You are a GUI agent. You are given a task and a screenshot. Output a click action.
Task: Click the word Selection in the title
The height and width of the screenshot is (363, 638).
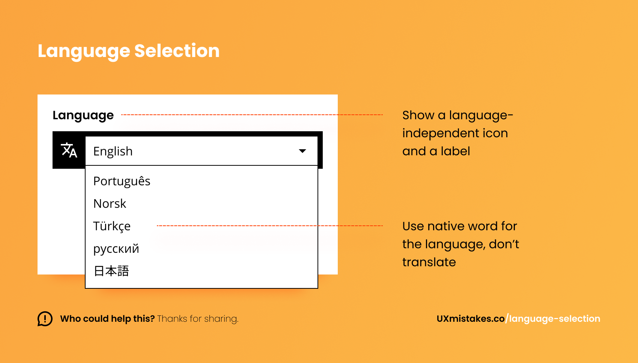(177, 51)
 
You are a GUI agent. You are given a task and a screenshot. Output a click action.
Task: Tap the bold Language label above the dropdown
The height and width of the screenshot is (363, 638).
(83, 115)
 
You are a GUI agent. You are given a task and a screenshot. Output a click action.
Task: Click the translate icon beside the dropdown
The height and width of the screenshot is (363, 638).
(69, 150)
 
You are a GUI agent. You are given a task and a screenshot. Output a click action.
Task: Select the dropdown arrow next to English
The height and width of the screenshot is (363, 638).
(302, 151)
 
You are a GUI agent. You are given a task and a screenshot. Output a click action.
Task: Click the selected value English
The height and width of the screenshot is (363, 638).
(113, 151)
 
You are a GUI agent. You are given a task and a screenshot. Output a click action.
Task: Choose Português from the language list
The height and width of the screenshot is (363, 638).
(122, 181)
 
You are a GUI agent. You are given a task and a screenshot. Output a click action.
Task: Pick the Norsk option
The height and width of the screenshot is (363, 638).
(110, 204)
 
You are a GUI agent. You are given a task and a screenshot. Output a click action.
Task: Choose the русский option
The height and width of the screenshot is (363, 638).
(116, 249)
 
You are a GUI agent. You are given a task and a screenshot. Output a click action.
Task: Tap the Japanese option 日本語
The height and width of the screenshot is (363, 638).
(111, 271)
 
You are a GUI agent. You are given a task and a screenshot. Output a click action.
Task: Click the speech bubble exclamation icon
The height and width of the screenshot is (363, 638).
(45, 319)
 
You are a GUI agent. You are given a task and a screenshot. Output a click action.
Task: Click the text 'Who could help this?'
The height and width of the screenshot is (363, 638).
(107, 319)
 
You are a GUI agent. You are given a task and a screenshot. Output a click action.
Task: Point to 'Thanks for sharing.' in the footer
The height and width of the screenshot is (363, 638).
(198, 319)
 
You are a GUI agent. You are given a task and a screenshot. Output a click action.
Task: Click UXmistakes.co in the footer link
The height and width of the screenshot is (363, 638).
(471, 319)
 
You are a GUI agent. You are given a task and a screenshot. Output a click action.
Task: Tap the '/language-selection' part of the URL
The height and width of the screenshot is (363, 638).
(552, 319)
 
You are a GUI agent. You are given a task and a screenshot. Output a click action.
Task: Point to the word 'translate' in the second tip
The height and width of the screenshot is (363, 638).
(429, 262)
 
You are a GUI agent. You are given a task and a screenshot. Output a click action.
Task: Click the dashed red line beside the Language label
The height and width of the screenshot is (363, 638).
(252, 115)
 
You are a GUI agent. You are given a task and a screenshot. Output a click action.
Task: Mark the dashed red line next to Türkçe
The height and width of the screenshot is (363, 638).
(270, 226)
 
